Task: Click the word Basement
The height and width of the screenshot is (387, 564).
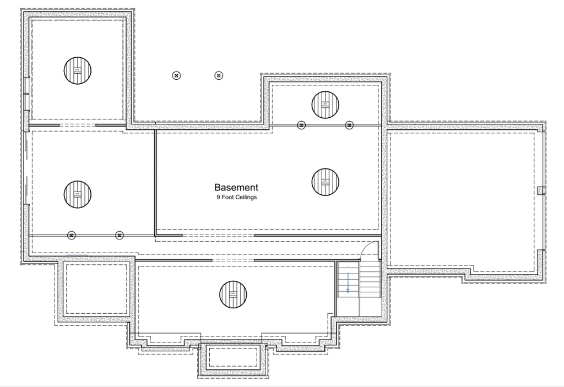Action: point(236,188)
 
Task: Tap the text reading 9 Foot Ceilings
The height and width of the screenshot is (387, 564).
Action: point(236,197)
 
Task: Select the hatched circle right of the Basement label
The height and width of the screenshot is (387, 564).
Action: point(325,182)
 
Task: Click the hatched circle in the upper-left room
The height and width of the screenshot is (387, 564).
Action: point(78,70)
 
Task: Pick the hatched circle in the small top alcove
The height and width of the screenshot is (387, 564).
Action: point(325,105)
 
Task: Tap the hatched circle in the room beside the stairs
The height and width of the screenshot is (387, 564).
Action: point(233,294)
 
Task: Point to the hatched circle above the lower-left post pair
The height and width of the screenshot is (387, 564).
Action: point(78,194)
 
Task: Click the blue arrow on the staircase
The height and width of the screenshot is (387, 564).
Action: point(348,285)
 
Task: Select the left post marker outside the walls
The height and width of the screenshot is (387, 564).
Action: point(176,75)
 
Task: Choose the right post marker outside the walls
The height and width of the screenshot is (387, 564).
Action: point(219,75)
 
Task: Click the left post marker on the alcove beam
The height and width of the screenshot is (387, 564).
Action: point(301,125)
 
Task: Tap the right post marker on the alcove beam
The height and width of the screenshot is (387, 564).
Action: point(349,125)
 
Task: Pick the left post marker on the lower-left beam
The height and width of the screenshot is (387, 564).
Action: point(72,235)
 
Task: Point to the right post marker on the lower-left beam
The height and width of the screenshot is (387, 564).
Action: point(119,235)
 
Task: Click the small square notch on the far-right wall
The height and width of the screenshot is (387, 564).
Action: point(540,190)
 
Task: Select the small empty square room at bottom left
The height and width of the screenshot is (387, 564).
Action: point(96,290)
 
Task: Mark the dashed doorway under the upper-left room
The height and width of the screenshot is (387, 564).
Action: point(77,126)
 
